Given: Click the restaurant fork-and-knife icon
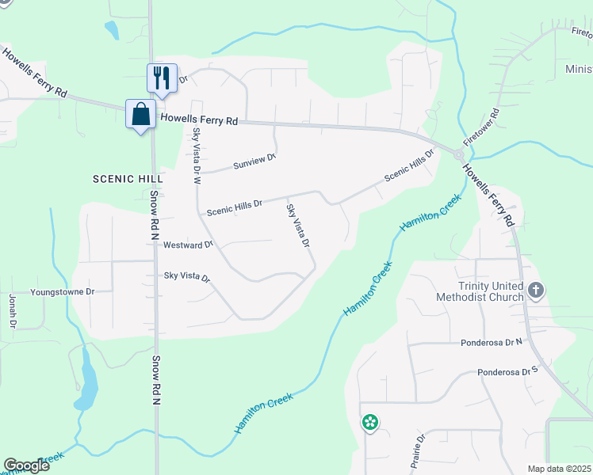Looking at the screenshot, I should click(x=162, y=78).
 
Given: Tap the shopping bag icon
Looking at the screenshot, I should click(x=140, y=114).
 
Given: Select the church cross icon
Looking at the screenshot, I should click(x=536, y=291).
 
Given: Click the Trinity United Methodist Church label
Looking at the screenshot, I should click(x=480, y=291).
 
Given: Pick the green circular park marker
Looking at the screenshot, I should click(x=369, y=424).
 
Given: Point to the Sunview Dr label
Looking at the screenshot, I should click(x=254, y=161).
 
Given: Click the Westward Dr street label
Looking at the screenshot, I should click(x=188, y=245).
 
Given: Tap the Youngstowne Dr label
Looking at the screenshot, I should click(x=62, y=291).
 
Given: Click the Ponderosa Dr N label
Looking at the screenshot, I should click(x=492, y=343).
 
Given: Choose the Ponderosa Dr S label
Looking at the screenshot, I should click(x=507, y=370).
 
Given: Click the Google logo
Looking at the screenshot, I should click(x=26, y=465).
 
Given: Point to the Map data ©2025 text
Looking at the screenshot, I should click(x=558, y=469).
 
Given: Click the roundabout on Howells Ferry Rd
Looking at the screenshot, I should click(x=459, y=156).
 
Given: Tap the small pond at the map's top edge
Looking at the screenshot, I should click(x=112, y=30).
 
